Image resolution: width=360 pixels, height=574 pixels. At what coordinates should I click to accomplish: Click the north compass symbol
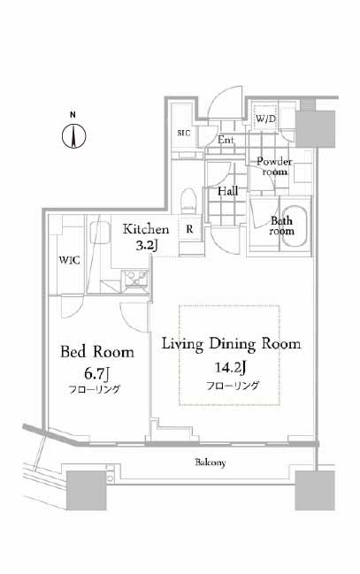click(x=73, y=136)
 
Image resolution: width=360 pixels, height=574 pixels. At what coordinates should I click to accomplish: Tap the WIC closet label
click(x=70, y=260)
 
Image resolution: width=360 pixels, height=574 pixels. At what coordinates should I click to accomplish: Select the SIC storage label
click(x=184, y=133)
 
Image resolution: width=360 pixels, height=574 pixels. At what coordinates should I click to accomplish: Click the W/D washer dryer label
click(x=266, y=119)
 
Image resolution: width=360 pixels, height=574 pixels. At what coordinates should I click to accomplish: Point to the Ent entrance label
click(x=226, y=140)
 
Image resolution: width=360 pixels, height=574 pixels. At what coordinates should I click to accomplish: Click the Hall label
click(x=228, y=191)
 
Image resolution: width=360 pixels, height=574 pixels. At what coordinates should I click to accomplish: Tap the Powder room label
click(x=274, y=166)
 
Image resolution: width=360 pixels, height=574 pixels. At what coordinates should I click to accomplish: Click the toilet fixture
click(x=189, y=200)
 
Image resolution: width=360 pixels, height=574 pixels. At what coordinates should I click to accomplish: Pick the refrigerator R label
click(x=189, y=229)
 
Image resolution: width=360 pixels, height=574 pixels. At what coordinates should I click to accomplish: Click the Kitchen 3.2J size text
click(x=147, y=245)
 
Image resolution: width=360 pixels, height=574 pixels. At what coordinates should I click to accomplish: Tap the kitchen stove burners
click(x=134, y=277)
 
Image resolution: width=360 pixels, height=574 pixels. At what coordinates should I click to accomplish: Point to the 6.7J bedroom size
click(x=96, y=373)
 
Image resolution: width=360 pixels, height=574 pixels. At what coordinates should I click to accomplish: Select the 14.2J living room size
click(x=230, y=367)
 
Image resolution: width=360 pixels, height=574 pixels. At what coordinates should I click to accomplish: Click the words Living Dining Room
click(x=232, y=344)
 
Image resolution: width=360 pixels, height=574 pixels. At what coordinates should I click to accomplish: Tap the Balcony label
click(x=211, y=463)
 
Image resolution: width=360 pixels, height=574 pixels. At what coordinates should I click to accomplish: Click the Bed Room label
click(x=97, y=352)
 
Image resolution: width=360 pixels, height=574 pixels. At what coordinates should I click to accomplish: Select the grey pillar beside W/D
click(x=315, y=129)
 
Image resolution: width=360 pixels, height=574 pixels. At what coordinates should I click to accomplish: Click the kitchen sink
click(x=99, y=233)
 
